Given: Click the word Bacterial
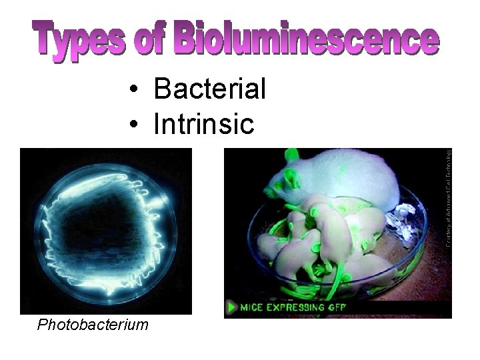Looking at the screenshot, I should click(209, 89).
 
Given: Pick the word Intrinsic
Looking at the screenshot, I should click(203, 123).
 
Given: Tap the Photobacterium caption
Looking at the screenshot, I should click(93, 325).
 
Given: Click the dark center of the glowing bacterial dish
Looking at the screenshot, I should click(103, 227).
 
